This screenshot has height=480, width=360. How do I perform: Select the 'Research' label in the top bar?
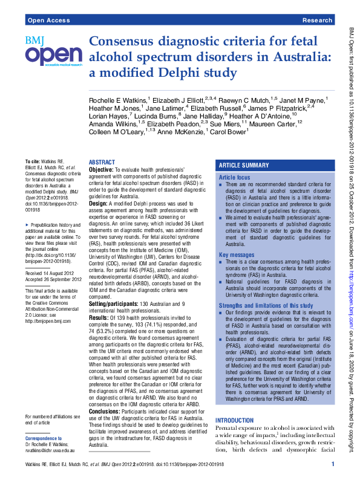click(318, 21)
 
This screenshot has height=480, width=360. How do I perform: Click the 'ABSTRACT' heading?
click(102, 163)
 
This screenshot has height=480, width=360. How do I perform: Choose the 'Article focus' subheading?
click(235, 177)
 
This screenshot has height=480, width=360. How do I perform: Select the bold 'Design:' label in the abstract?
click(99, 204)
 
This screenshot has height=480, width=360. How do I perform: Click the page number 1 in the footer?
click(333, 464)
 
